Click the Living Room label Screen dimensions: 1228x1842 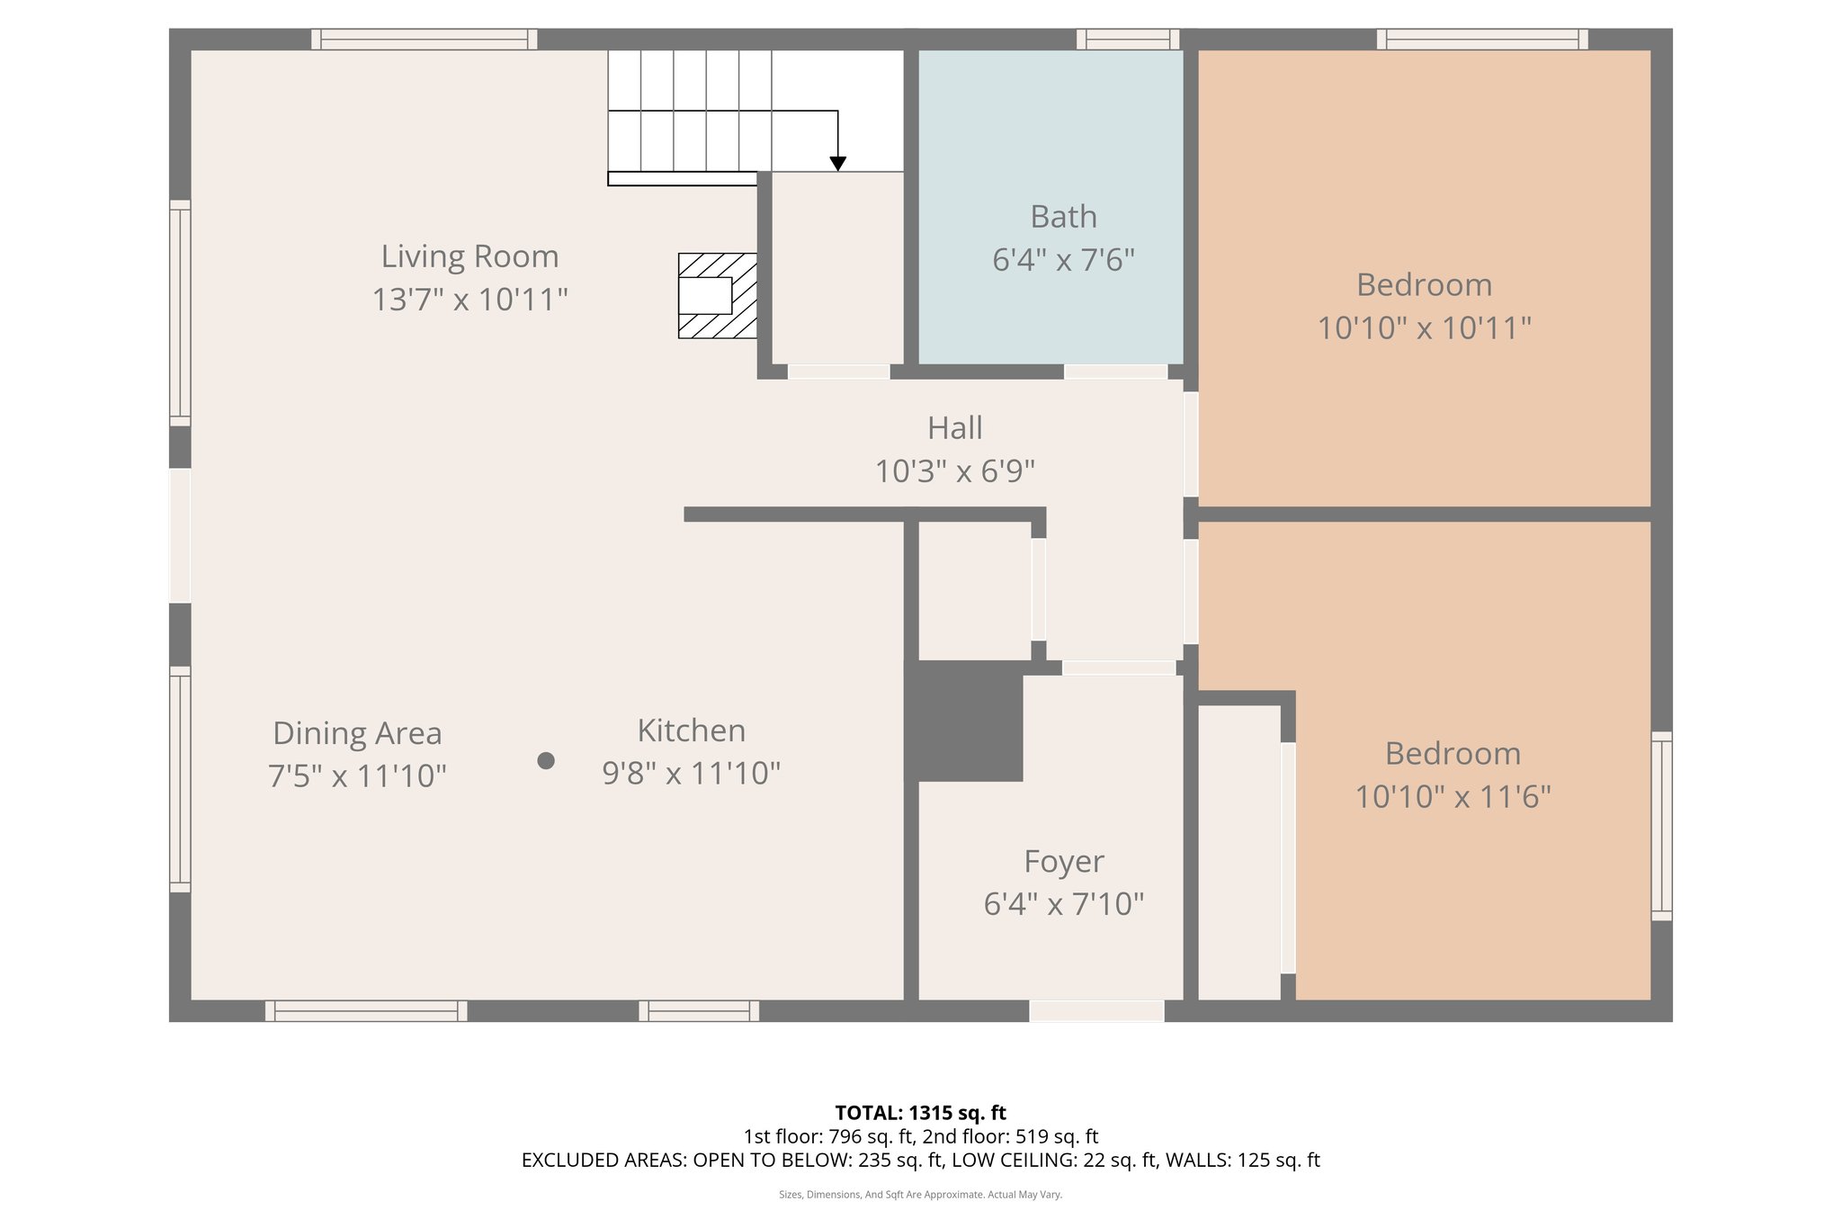tap(469, 256)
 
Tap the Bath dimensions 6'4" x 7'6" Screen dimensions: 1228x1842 tap(1063, 260)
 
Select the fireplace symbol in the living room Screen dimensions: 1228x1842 tap(717, 296)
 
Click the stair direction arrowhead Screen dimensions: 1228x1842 tap(837, 164)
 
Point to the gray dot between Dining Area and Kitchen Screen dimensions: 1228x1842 tap(545, 761)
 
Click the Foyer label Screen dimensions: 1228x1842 tap(1063, 861)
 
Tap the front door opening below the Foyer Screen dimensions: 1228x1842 tap(1096, 1011)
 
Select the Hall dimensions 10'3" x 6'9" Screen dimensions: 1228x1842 tap(954, 471)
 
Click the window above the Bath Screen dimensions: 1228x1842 tap(1128, 39)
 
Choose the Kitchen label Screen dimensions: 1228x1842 tap(691, 731)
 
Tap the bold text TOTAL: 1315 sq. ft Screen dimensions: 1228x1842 tap(920, 1113)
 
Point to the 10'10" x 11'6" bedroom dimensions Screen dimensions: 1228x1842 tap(1453, 797)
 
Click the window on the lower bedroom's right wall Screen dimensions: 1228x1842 tap(1661, 826)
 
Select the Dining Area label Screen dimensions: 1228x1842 tap(357, 733)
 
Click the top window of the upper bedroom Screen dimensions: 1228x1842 tap(1481, 39)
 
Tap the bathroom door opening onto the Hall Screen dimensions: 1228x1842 tap(1116, 372)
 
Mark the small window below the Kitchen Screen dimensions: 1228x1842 tap(699, 1011)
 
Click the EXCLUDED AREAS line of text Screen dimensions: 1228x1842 tap(920, 1161)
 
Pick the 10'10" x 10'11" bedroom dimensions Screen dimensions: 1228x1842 tap(1424, 328)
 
